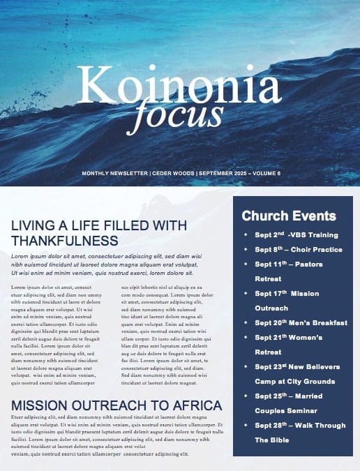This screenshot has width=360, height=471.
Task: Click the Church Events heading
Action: tap(289, 216)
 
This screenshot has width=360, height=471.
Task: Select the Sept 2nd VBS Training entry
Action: tap(296, 234)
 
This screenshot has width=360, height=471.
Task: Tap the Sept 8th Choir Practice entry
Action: tap(299, 249)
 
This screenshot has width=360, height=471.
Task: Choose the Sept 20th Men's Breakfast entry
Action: tap(301, 322)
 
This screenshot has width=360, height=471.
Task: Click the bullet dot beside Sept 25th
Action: tap(245, 396)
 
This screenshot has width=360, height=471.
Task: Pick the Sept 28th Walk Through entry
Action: tap(300, 425)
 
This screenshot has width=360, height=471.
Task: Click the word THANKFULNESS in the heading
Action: tap(64, 241)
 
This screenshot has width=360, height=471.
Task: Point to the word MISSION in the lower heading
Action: tap(43, 405)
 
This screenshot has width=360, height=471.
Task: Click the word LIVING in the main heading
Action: tap(32, 225)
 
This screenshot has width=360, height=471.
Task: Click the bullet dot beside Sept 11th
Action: tap(245, 264)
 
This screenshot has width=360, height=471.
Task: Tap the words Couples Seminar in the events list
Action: tap(286, 410)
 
